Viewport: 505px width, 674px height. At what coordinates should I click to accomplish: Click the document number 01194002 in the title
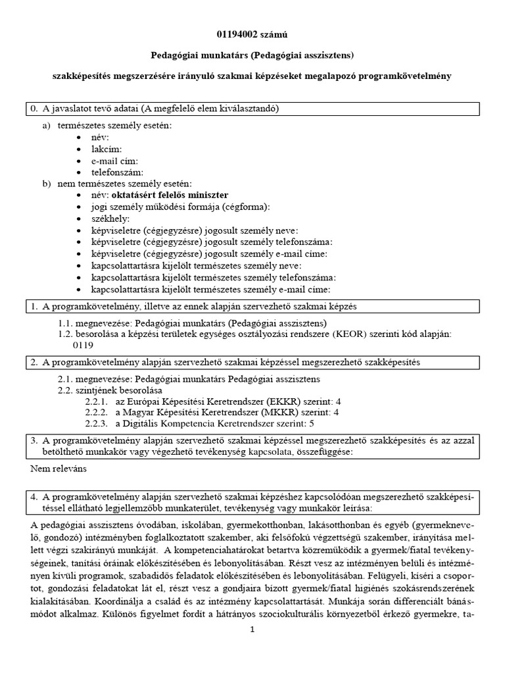pos(236,34)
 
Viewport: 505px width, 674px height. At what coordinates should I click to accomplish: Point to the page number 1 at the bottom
pos(252,630)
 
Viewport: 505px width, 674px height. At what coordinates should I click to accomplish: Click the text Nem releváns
pos(59,469)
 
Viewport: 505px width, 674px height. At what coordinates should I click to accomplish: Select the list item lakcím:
pos(107,149)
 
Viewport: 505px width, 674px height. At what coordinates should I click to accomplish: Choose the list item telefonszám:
pos(118,172)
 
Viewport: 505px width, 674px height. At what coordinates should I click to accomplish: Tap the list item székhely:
pos(111,219)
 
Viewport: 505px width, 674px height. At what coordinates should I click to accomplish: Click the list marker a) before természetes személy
pos(46,126)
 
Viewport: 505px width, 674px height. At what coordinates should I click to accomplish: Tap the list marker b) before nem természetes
pos(46,184)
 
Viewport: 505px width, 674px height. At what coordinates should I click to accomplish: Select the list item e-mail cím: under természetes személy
pos(115,161)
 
